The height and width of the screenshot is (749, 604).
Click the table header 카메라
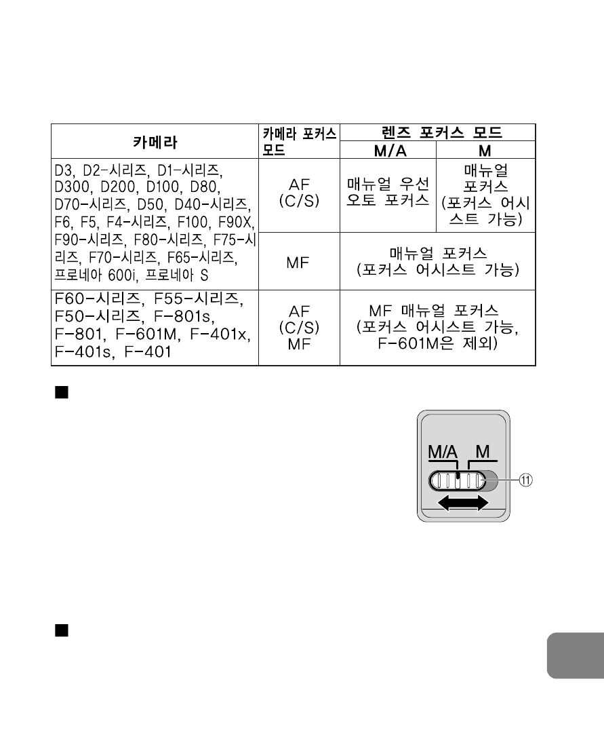[x=155, y=142]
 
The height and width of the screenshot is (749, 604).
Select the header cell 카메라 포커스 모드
[x=298, y=141]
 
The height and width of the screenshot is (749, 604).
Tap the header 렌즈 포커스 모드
[x=437, y=132]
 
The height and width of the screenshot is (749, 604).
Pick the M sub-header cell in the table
[x=486, y=150]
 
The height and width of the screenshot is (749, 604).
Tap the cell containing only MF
[x=298, y=262]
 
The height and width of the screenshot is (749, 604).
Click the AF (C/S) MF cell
[x=298, y=326]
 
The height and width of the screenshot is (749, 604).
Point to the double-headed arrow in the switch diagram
[x=464, y=503]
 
